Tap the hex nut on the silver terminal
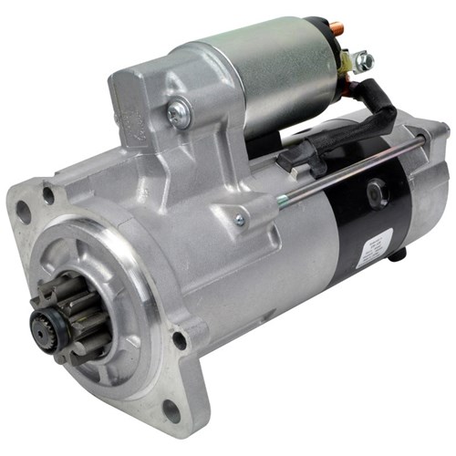pos(366,61)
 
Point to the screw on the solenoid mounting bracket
pos(179,113)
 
